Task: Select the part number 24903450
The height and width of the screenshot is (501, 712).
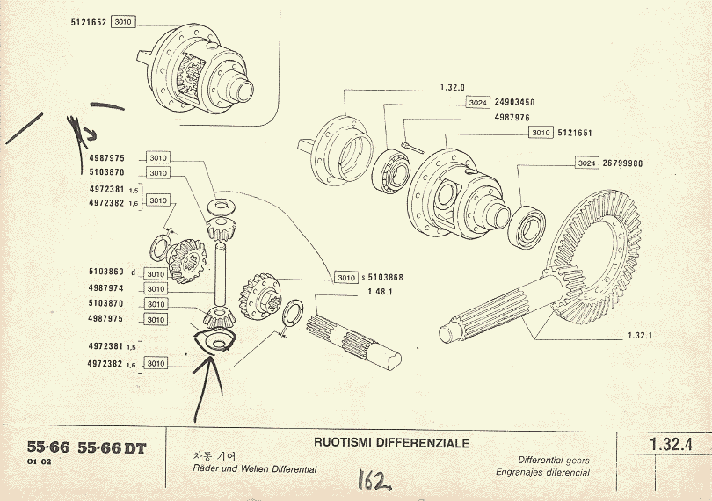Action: point(514,103)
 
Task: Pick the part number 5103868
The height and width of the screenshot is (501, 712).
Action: point(385,278)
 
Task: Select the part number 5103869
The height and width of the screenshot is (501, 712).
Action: point(105,272)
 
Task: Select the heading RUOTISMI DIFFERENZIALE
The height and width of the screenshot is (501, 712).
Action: point(391,442)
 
